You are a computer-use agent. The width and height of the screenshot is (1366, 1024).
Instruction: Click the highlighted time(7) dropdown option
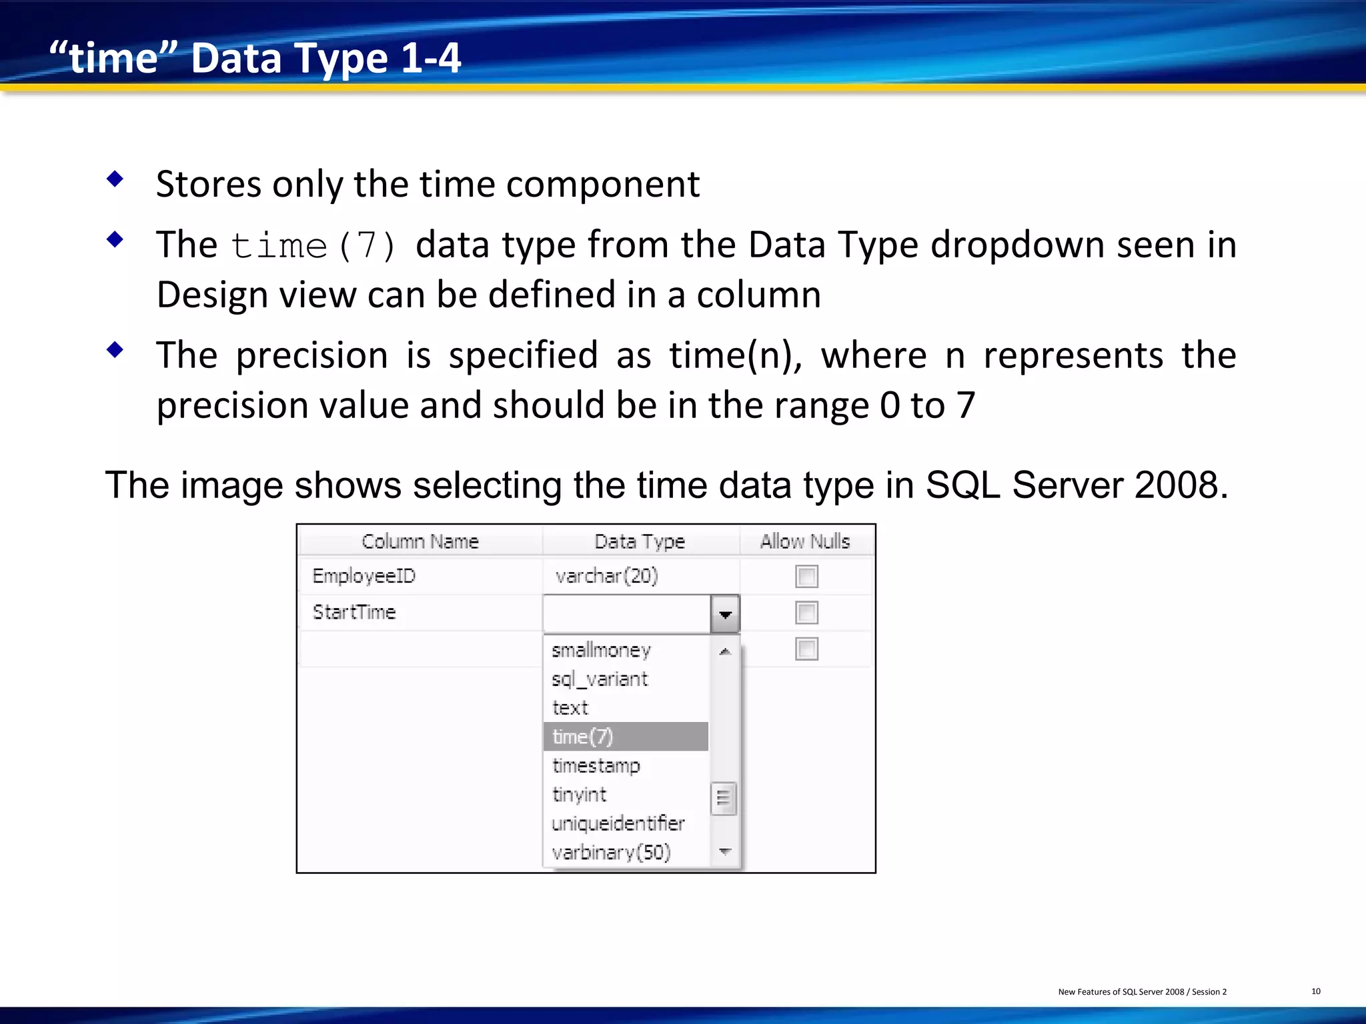(625, 737)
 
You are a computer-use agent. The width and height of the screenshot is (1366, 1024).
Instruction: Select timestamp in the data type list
(596, 765)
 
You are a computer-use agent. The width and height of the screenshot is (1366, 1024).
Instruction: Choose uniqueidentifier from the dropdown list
(618, 823)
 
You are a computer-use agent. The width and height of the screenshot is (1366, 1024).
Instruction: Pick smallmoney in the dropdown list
(601, 650)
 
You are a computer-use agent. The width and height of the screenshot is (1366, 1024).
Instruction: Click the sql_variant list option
(599, 679)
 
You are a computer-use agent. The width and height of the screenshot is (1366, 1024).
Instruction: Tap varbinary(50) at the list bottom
(611, 852)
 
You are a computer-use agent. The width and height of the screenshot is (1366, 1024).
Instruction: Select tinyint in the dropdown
(579, 795)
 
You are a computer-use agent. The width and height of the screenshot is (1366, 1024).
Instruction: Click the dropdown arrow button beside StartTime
(725, 614)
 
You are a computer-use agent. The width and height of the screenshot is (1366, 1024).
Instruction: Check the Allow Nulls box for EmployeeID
(806, 577)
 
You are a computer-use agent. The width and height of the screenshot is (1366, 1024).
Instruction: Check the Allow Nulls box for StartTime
(806, 613)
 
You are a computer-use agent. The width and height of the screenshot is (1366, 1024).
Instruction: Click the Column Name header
(420, 541)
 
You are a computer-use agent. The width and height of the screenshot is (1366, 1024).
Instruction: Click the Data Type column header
(640, 541)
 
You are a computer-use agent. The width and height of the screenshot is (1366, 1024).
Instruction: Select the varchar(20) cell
(606, 576)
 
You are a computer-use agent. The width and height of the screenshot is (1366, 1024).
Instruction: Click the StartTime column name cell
(354, 612)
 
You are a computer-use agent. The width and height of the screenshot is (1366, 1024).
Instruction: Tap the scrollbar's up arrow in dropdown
(725, 651)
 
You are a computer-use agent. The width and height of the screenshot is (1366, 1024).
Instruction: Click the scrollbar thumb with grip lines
(724, 798)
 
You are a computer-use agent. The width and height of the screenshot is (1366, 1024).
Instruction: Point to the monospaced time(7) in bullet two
(313, 246)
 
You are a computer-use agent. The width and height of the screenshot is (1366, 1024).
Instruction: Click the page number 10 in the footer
(1315, 991)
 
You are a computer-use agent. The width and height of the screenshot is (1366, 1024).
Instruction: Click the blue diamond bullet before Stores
(115, 179)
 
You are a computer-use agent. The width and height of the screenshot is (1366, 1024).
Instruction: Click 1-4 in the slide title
(431, 58)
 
